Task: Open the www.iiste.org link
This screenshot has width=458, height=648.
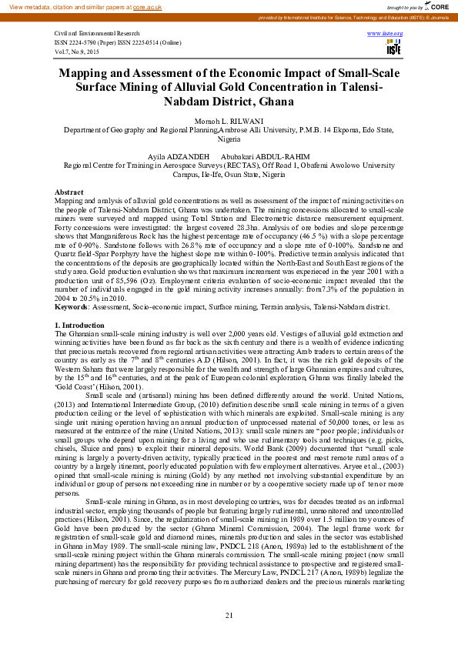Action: (391, 35)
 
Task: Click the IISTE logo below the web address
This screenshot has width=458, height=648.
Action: (393, 48)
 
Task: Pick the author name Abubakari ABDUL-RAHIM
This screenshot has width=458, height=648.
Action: (253, 155)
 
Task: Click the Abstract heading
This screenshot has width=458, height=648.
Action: (70, 191)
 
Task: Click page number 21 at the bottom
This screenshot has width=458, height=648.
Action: (229, 615)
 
